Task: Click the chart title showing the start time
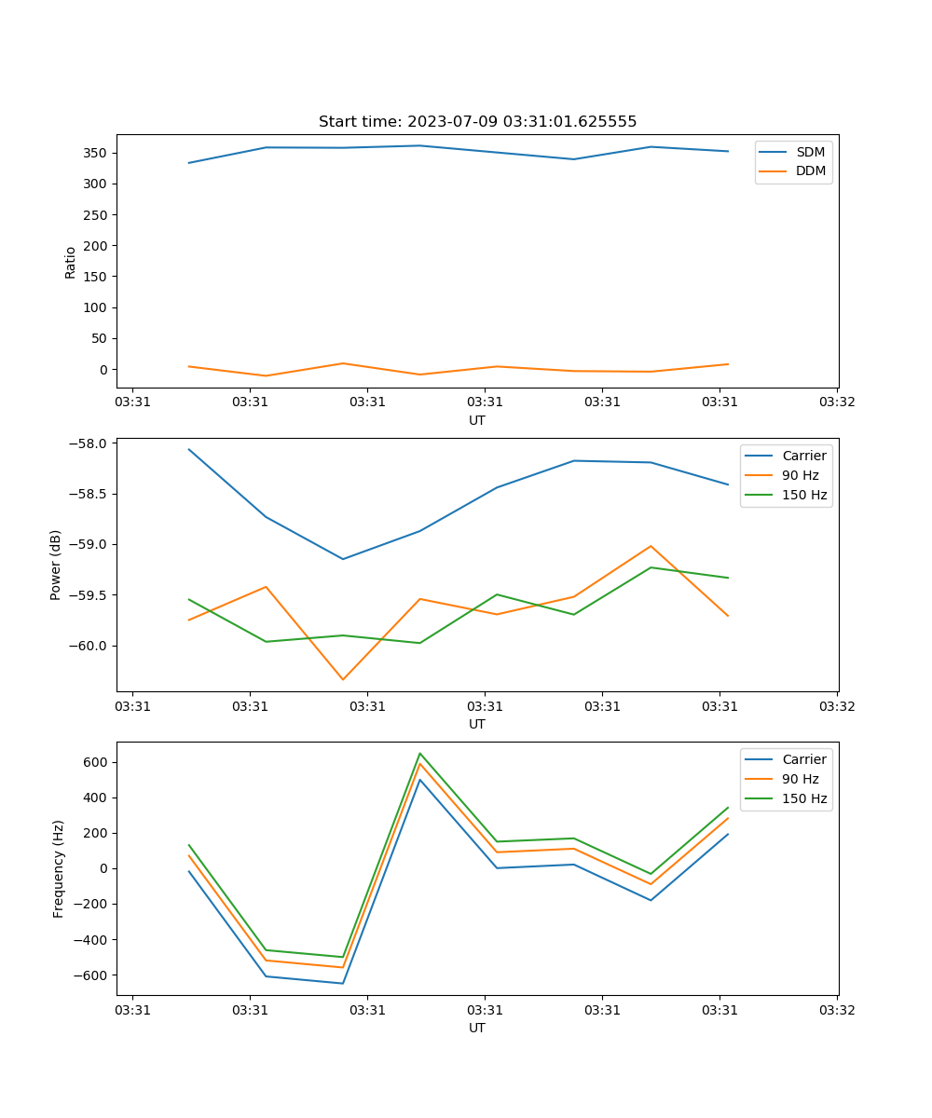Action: click(x=477, y=122)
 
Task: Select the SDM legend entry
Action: click(x=810, y=151)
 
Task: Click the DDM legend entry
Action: click(x=810, y=170)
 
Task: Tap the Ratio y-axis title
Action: click(x=71, y=263)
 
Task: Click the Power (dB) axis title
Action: click(x=56, y=565)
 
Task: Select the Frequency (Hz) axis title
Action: click(x=59, y=868)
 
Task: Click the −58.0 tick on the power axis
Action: click(x=89, y=443)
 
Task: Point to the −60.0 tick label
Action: click(x=89, y=647)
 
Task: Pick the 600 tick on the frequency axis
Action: click(x=95, y=762)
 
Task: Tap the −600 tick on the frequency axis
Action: click(x=91, y=975)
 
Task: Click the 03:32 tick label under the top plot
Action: click(x=836, y=403)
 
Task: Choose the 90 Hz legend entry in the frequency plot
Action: click(x=801, y=779)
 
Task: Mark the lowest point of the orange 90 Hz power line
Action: click(x=343, y=679)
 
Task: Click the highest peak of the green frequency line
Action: click(x=420, y=753)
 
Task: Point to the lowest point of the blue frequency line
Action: click(x=343, y=983)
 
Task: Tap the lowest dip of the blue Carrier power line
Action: click(x=343, y=559)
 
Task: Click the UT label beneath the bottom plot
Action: click(x=477, y=1028)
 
